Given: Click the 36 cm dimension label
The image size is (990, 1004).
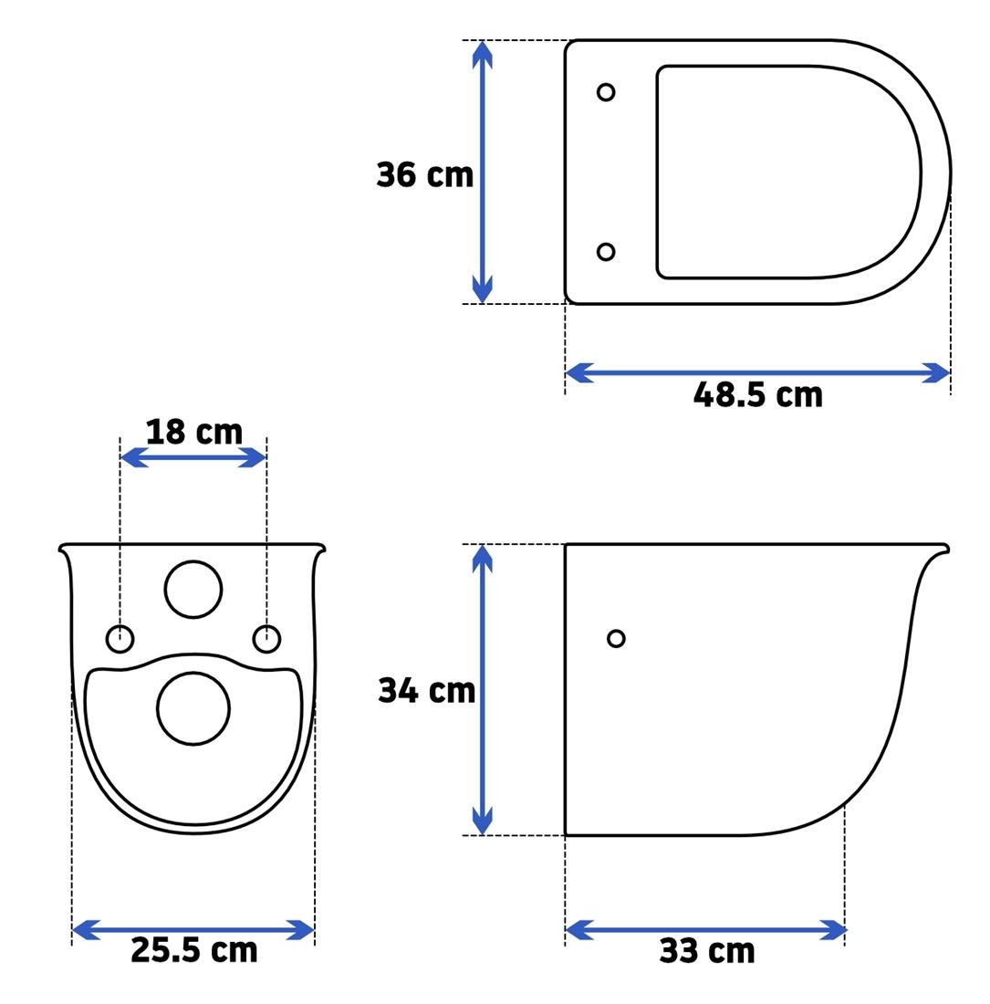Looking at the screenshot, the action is pyautogui.click(x=424, y=175).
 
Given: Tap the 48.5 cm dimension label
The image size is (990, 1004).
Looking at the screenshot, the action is pyautogui.click(x=757, y=395).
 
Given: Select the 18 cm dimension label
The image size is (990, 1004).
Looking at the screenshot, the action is pyautogui.click(x=194, y=433).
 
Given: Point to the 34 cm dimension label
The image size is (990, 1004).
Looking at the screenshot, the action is pyautogui.click(x=426, y=691).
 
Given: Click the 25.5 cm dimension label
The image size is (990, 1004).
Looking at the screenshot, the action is pyautogui.click(x=194, y=950).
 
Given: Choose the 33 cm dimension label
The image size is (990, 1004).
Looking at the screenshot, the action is pyautogui.click(x=706, y=951).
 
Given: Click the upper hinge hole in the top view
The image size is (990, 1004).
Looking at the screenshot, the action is pyautogui.click(x=605, y=92).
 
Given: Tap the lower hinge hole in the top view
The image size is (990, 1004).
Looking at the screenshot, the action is pyautogui.click(x=605, y=252).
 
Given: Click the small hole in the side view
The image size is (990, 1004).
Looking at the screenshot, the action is pyautogui.click(x=616, y=638).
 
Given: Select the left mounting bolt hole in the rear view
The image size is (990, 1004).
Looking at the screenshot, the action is pyautogui.click(x=120, y=638).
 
